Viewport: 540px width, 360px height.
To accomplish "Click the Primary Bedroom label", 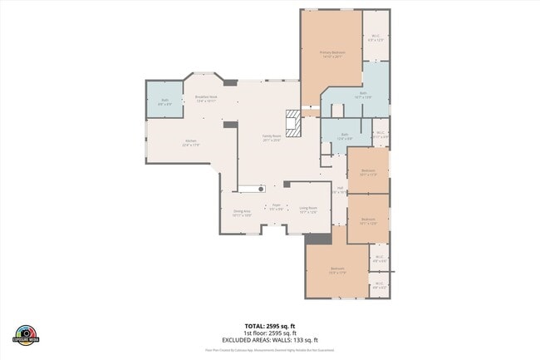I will [x=331, y=52].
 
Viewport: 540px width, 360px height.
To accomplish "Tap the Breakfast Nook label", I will [x=206, y=98].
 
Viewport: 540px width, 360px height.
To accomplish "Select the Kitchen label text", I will [x=190, y=143].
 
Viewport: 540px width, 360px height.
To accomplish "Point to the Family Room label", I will [x=272, y=137].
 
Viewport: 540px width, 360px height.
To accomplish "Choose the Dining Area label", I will [x=242, y=213].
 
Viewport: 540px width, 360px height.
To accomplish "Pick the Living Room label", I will [x=308, y=210].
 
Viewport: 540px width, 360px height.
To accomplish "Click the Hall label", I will [x=338, y=190].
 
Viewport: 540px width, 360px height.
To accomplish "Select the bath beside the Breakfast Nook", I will [x=165, y=101].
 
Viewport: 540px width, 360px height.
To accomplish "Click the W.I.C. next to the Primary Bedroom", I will [x=376, y=36].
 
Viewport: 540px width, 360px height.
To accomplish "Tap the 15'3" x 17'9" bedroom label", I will [x=337, y=270].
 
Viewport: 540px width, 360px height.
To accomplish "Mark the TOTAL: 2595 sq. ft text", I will [x=269, y=325].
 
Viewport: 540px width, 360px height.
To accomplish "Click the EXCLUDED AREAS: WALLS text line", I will [x=269, y=340].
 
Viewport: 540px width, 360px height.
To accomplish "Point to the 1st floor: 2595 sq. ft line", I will [x=269, y=333].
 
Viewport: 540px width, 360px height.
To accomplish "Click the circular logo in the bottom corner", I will [x=27, y=332].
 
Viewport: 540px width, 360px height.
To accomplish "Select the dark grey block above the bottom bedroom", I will [x=318, y=239].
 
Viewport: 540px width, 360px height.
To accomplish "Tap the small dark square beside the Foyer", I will [x=287, y=184].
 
